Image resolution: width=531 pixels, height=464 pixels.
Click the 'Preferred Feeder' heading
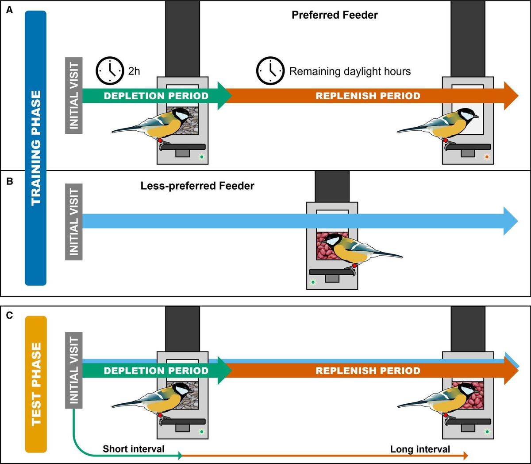pos(335,15)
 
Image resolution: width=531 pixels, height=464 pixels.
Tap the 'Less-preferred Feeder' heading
pos(197,186)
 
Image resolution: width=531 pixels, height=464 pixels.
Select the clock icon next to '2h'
pos(110,70)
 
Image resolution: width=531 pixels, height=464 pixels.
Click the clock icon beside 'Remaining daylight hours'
pos(270,70)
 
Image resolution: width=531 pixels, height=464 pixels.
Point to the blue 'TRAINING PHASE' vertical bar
pos(36,148)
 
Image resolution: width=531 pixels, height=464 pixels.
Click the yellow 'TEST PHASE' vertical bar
pos(36,384)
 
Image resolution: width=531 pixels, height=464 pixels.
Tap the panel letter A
pos(9,10)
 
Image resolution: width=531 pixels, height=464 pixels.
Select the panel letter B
pos(9,181)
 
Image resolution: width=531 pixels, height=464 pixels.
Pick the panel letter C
pos(9,316)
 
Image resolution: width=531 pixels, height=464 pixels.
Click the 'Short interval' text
pos(133,449)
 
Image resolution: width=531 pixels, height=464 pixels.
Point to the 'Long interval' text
pos(420,449)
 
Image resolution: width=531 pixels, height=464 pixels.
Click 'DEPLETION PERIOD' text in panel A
pos(156,96)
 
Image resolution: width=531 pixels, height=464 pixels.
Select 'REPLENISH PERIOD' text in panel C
pos(368,370)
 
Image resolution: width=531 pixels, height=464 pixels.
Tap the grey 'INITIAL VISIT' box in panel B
pos(74,221)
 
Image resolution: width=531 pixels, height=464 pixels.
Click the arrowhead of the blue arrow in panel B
pos(511,221)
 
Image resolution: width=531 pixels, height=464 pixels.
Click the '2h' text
pos(134,71)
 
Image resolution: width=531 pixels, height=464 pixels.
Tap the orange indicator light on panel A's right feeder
pos(487,157)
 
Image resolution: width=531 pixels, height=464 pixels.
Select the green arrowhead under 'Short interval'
pos(180,456)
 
